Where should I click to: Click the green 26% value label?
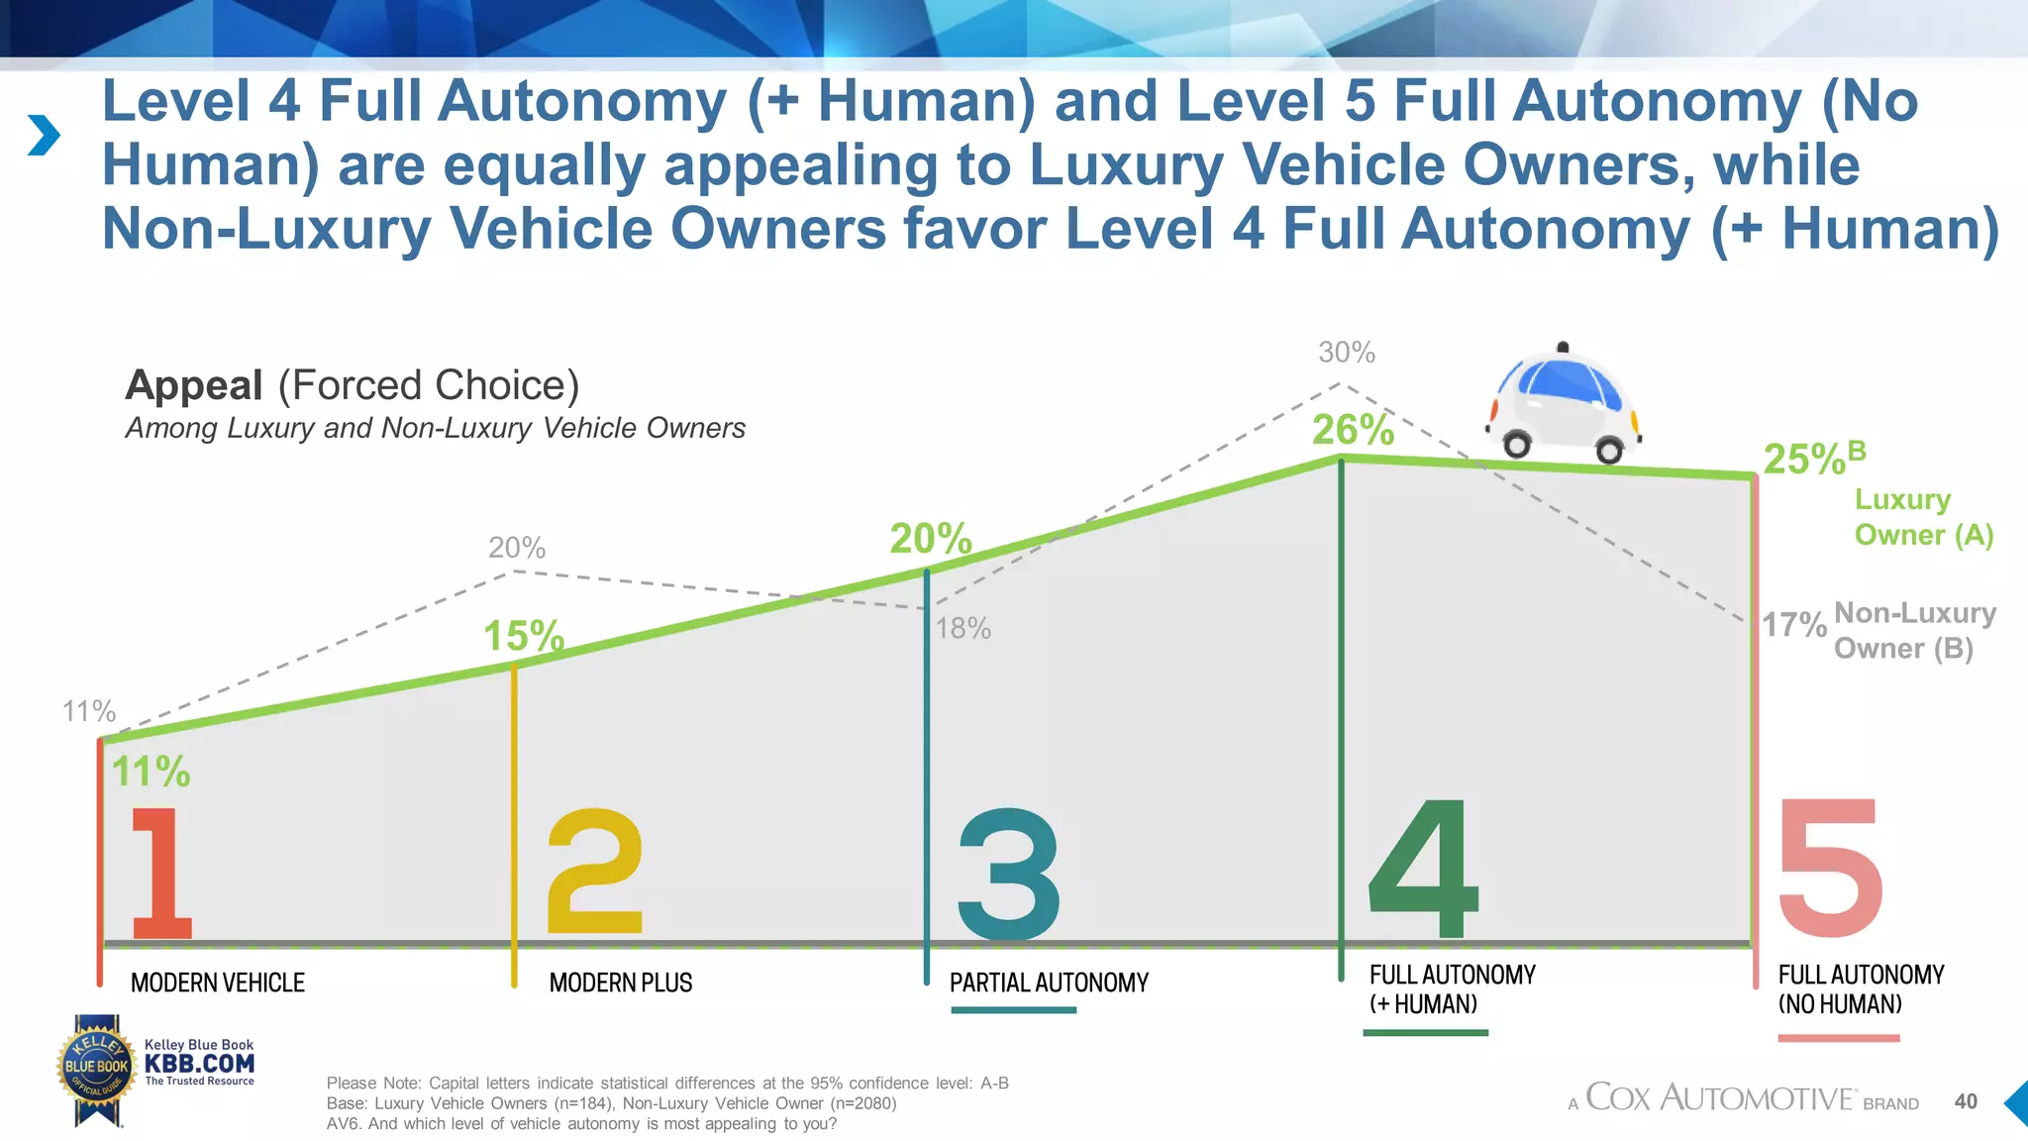click(x=1353, y=430)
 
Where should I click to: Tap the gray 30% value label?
click(x=1346, y=352)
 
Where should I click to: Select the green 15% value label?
click(x=523, y=636)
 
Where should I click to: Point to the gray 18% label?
click(x=963, y=628)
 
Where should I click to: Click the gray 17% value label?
click(x=1793, y=625)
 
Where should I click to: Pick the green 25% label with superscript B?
click(x=1812, y=459)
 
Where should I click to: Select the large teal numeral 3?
click(x=1008, y=874)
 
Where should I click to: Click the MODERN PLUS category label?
click(x=621, y=983)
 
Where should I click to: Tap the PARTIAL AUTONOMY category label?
click(x=1049, y=983)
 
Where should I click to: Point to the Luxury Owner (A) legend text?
click(x=1921, y=517)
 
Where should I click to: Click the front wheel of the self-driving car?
click(x=1516, y=444)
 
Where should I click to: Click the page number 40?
click(x=1966, y=1101)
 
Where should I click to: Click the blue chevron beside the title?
click(x=44, y=135)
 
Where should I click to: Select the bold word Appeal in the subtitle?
click(x=194, y=385)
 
